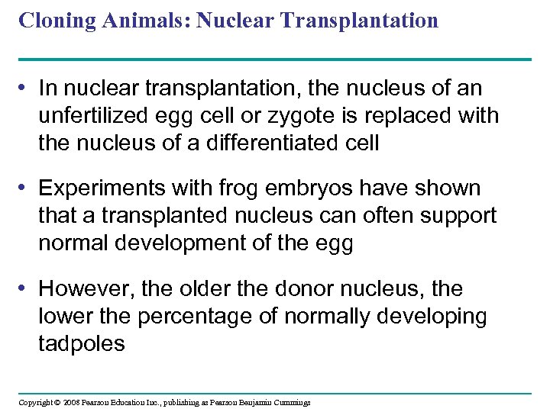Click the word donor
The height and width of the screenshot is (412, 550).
pyautogui.click(x=296, y=288)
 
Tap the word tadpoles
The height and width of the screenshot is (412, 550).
pyautogui.click(x=81, y=343)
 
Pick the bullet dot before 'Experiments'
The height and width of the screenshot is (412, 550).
pyautogui.click(x=26, y=188)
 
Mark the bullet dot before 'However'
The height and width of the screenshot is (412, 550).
pyautogui.click(x=26, y=288)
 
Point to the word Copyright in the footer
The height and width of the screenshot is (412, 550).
pyautogui.click(x=35, y=402)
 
